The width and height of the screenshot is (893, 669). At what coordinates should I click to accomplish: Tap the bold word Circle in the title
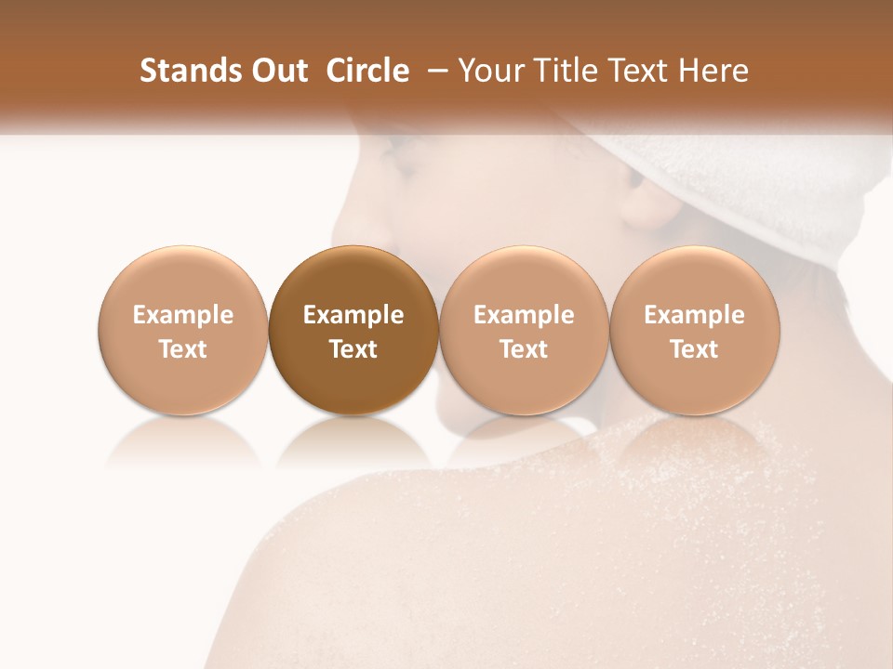pyautogui.click(x=367, y=72)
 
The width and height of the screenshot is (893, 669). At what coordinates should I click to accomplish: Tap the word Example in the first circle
pyautogui.click(x=183, y=315)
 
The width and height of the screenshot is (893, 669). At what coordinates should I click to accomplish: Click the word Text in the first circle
pyautogui.click(x=183, y=349)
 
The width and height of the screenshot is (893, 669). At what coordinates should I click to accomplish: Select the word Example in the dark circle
pyautogui.click(x=353, y=315)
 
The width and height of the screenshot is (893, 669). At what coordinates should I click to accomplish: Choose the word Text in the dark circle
pyautogui.click(x=353, y=349)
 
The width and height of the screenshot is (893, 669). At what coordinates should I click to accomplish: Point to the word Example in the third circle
pyautogui.click(x=524, y=315)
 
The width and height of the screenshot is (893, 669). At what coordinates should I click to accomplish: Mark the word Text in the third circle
pyautogui.click(x=524, y=349)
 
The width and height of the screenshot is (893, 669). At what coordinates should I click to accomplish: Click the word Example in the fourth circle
pyautogui.click(x=694, y=315)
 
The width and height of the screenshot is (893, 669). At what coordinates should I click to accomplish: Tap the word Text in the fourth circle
pyautogui.click(x=694, y=349)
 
